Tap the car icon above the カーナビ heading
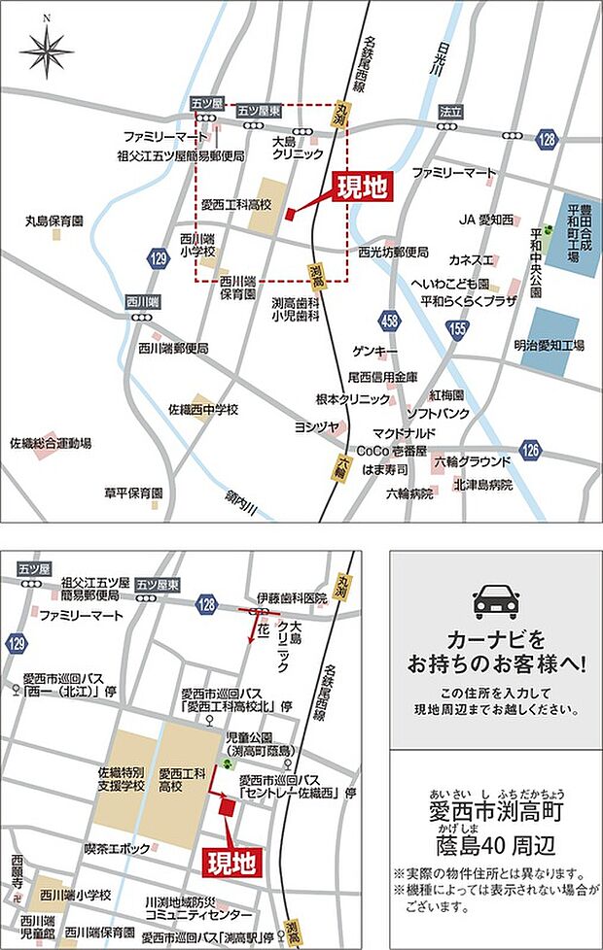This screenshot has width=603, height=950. pos(495,602)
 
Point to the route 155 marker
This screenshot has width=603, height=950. pos(458,331)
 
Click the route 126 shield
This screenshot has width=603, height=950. pos(529,449)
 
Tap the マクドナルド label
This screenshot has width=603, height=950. pos(403,432)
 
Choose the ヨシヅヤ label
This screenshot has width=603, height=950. pos(317,425)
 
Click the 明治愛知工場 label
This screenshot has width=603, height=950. pos(549,345)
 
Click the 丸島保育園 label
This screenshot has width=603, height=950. pos(54,221)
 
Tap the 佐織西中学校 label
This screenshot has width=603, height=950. pos(203,409)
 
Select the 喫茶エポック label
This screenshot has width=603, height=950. pos(114,848)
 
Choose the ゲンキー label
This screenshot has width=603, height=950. pos(380,350)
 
